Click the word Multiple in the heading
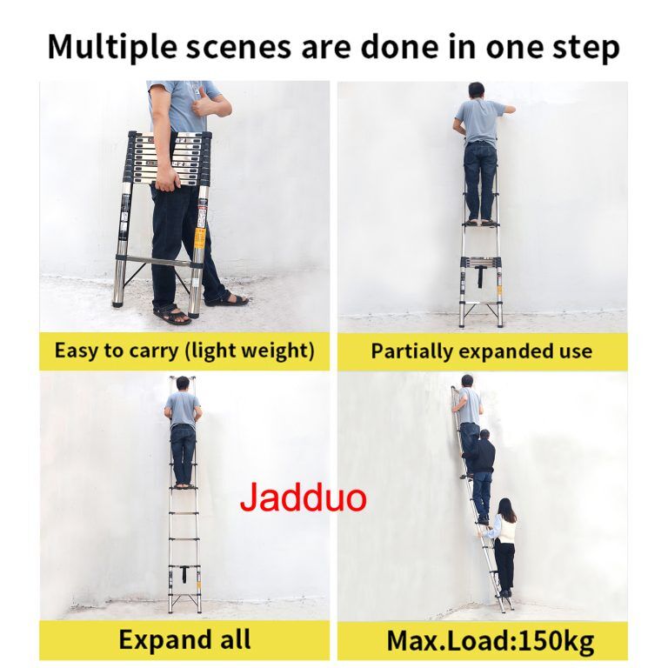(112, 46)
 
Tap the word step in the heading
(586, 47)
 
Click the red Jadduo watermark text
(304, 497)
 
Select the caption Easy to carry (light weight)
(184, 351)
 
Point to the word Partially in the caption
(411, 351)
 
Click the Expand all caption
(184, 639)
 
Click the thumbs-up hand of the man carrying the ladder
(204, 104)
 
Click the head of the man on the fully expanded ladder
(183, 384)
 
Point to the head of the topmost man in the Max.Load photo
(467, 381)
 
